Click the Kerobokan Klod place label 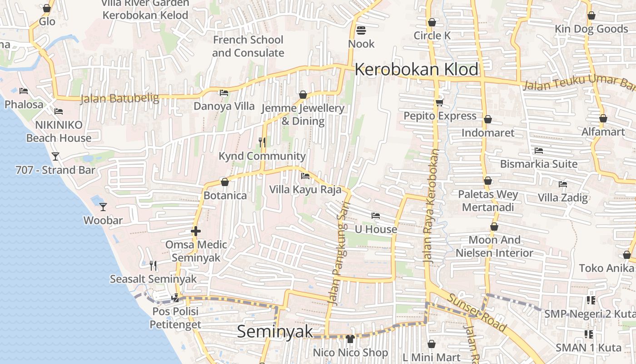(416, 70)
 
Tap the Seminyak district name (275, 331)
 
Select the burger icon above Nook (361, 30)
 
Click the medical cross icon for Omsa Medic (196, 231)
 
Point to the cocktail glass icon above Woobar (103, 207)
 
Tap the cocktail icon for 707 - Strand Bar (55, 157)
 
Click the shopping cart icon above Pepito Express (439, 102)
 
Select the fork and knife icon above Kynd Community (262, 142)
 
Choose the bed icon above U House (375, 216)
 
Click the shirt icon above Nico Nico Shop (350, 339)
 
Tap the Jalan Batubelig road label (119, 98)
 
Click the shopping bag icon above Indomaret (487, 120)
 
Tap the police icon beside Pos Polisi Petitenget (175, 298)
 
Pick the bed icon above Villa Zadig (563, 184)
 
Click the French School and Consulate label (248, 46)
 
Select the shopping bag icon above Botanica (224, 182)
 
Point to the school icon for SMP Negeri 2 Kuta (590, 300)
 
